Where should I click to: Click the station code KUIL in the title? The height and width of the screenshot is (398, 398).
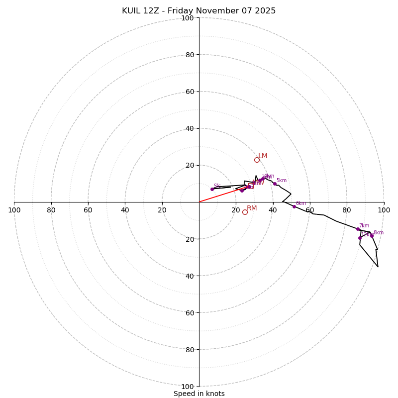(x=133, y=11)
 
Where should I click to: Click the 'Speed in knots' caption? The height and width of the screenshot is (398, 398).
(x=199, y=394)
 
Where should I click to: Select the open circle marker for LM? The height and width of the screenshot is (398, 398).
(x=257, y=160)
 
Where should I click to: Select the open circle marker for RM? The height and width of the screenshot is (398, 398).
(x=245, y=212)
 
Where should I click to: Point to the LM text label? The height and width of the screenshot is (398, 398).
(x=263, y=156)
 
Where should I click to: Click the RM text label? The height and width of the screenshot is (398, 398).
(x=252, y=208)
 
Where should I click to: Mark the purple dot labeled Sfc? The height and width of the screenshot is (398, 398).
(x=212, y=189)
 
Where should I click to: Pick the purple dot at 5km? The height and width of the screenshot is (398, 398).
(x=275, y=184)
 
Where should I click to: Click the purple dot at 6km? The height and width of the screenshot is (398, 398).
(x=294, y=206)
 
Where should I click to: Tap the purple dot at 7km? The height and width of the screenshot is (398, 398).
(x=358, y=229)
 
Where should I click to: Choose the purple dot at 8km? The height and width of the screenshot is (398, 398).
(x=372, y=236)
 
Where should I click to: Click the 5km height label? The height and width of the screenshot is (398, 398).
(x=282, y=181)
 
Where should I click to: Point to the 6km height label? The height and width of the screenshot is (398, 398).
(x=301, y=203)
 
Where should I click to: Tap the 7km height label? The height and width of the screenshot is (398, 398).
(x=364, y=226)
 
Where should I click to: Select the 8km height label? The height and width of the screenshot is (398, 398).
(x=379, y=233)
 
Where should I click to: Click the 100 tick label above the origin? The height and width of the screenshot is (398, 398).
(x=188, y=18)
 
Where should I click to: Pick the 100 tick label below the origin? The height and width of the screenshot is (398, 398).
(x=188, y=387)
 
